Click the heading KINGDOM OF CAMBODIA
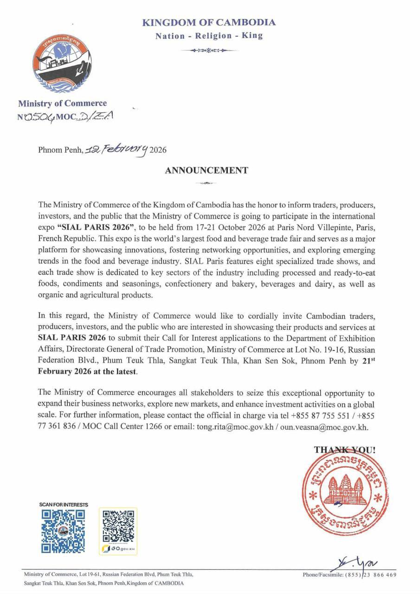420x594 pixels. (208, 22)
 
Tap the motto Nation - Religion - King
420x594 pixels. (208, 36)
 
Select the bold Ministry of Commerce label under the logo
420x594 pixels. (62, 103)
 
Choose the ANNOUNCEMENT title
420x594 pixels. (206, 170)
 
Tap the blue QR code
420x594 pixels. (63, 531)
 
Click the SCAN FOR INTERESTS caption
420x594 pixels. (64, 504)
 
